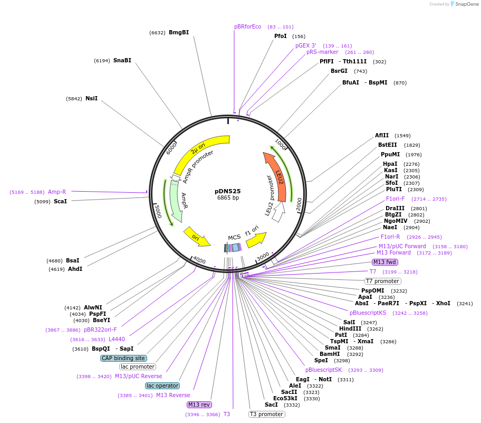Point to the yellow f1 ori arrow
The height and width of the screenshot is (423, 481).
(x=255, y=240)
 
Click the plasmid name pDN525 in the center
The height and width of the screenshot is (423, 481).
(x=228, y=191)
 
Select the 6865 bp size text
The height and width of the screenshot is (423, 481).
(x=228, y=198)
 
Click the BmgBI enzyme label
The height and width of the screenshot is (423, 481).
(x=178, y=33)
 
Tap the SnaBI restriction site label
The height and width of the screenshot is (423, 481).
(x=122, y=61)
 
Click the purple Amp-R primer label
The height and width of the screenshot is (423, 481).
(x=57, y=192)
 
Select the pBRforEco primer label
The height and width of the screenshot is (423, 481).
(x=248, y=27)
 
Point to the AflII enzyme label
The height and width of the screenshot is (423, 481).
(x=382, y=136)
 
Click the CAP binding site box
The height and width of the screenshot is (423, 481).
(x=123, y=358)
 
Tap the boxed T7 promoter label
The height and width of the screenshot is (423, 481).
(x=382, y=281)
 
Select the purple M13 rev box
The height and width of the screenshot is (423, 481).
(x=199, y=405)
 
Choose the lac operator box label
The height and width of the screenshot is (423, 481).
(x=162, y=386)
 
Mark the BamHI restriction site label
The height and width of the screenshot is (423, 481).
(x=330, y=354)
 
